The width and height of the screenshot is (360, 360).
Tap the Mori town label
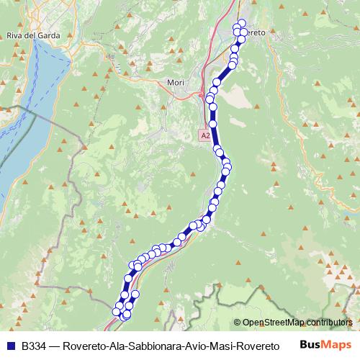coord(175,83)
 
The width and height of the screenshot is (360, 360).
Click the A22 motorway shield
coord(205,135)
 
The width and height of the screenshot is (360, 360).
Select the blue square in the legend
coord(10,346)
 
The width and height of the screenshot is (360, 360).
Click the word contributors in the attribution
coord(328,323)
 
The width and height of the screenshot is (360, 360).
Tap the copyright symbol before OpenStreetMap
coord(237,323)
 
